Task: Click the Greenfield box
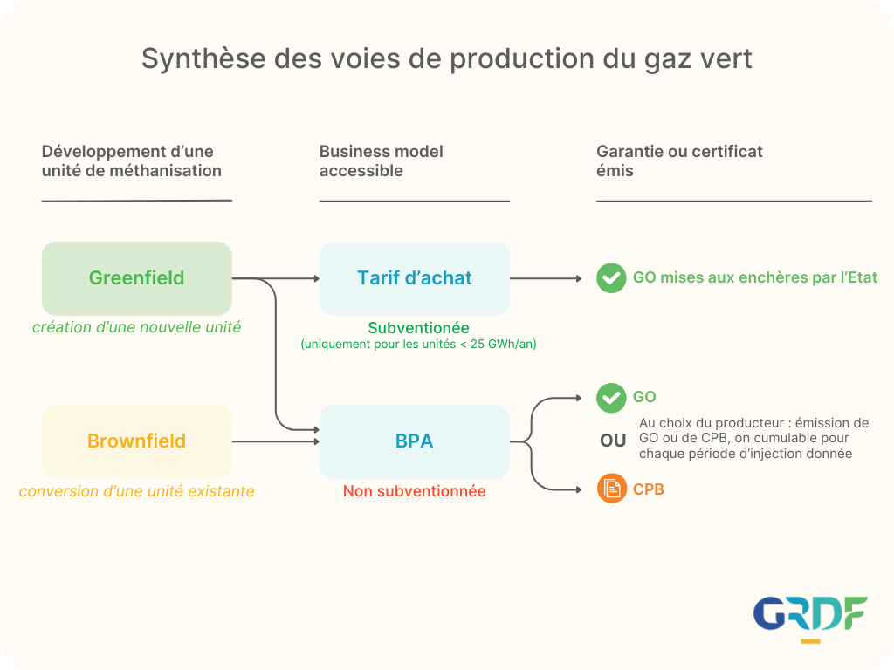(x=137, y=278)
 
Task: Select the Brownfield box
(x=137, y=441)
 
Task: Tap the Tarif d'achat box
(x=415, y=278)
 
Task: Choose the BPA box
(x=415, y=441)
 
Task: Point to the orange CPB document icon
(x=612, y=489)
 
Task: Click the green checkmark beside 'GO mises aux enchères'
(x=611, y=278)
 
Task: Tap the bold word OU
(x=613, y=441)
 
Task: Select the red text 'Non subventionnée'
(x=415, y=491)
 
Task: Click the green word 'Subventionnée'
(x=418, y=328)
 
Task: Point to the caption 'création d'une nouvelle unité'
(x=137, y=328)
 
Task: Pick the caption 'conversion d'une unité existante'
(x=137, y=491)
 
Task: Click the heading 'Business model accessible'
(x=381, y=161)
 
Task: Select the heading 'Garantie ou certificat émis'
(x=679, y=161)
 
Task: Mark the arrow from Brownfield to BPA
(x=275, y=441)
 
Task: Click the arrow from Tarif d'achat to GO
(x=546, y=278)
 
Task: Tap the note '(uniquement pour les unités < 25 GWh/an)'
(x=418, y=344)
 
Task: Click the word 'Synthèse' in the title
(x=203, y=59)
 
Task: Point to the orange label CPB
(x=649, y=489)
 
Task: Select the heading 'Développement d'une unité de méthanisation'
(x=132, y=161)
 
